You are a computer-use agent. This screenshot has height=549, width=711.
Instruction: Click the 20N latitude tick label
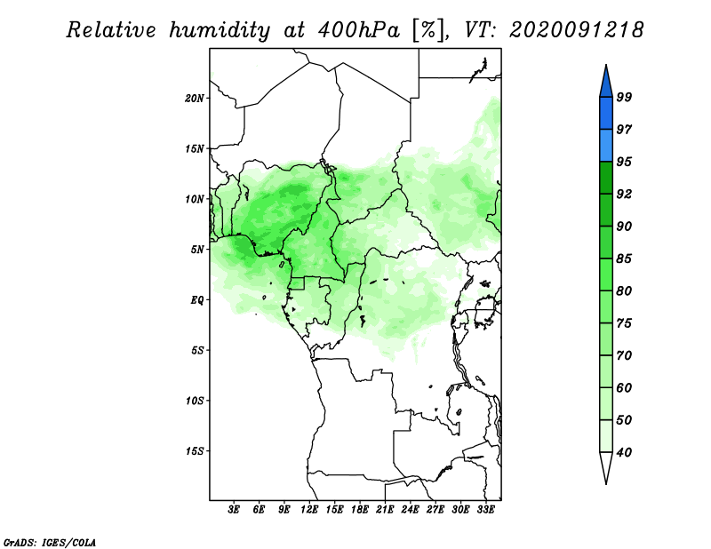coord(195,99)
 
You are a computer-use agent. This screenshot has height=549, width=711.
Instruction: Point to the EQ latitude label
coord(197,300)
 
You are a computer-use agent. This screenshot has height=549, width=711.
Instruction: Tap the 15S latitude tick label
coord(195,451)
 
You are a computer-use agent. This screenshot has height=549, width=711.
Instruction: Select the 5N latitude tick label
coord(197,250)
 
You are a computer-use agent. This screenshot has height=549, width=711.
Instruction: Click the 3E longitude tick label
coord(234,510)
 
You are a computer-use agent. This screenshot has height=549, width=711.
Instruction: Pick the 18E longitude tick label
coord(360,510)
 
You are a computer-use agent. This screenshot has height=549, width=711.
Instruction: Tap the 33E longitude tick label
coord(485,510)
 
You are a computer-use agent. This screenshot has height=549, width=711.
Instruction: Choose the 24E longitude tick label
coord(410,510)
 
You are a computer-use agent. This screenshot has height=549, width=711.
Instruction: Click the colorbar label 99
coord(624,97)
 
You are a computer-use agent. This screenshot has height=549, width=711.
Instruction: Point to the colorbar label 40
coord(624,452)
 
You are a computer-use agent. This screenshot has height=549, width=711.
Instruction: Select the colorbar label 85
coord(624,259)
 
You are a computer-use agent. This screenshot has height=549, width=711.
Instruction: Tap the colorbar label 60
coord(624,387)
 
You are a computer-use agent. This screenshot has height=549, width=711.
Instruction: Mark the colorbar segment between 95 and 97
coord(606,146)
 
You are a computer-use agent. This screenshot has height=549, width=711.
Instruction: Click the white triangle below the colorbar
coord(606,466)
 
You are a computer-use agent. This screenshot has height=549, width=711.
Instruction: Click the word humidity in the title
coord(220,30)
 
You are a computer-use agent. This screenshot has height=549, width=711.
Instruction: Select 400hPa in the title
coord(359,30)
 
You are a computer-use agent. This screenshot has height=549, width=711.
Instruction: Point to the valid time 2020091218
coord(576,30)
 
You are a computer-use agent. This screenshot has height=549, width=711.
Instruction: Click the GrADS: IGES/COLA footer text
coord(50,542)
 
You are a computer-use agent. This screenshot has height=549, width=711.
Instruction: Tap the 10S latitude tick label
coord(195,401)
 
